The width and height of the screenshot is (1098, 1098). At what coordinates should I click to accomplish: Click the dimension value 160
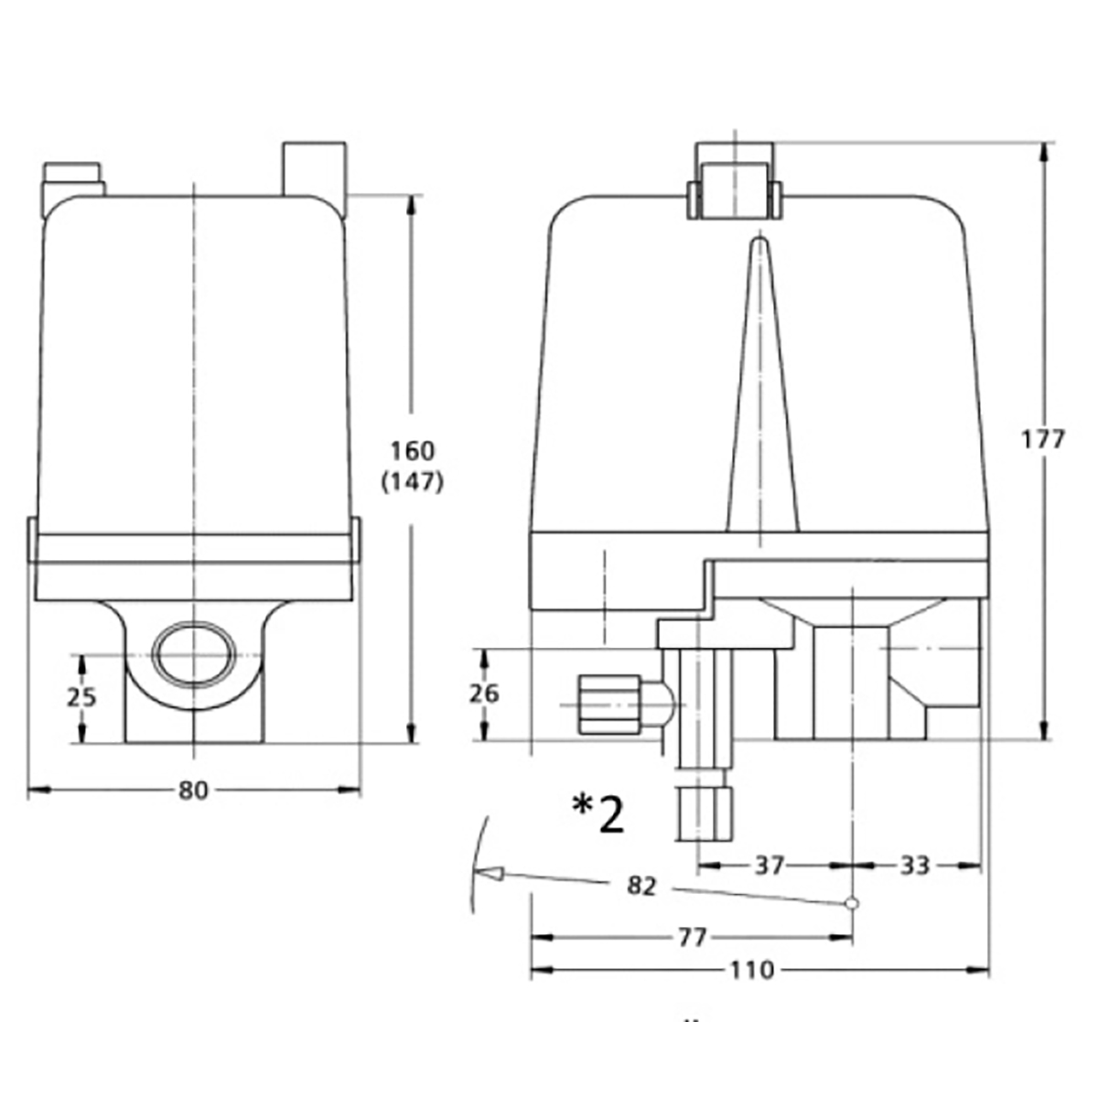[413, 451]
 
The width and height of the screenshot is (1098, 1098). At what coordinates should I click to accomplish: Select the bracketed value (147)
[413, 482]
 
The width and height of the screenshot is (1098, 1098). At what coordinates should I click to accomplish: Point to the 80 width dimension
[193, 790]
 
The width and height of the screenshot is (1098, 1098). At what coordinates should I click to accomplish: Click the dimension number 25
[81, 697]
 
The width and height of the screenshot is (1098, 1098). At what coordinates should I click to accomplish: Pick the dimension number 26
[483, 694]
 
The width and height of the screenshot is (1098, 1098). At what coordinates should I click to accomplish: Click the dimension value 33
[914, 865]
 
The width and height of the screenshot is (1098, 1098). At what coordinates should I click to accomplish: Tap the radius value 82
[642, 886]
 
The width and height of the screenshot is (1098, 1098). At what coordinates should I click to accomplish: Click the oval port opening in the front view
[193, 653]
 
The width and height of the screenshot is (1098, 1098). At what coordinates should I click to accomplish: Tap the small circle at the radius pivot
[852, 904]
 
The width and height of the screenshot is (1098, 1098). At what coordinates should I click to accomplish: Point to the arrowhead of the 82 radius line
[492, 874]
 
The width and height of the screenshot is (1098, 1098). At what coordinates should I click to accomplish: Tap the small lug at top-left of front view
[73, 179]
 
